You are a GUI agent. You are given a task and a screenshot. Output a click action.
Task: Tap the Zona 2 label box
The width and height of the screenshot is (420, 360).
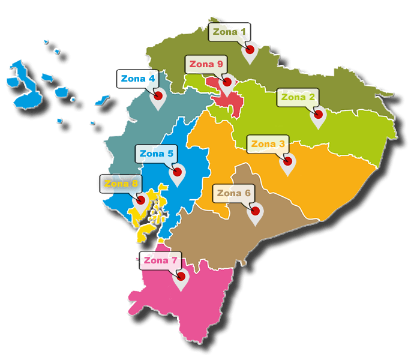[298, 97]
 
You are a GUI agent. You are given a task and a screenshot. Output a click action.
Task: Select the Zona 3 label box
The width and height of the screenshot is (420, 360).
[268, 144]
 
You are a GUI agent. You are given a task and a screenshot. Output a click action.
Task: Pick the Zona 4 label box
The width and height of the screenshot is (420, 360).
[138, 79]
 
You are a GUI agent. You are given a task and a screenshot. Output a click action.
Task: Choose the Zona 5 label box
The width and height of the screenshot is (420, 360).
[156, 154]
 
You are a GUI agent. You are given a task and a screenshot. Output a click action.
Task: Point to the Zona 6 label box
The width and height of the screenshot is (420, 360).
[234, 193]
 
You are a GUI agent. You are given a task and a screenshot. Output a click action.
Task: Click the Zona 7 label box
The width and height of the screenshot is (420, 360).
[160, 260]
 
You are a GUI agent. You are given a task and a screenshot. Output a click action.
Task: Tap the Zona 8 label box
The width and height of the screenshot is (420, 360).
[121, 184]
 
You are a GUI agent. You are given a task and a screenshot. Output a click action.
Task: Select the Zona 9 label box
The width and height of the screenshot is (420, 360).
[206, 64]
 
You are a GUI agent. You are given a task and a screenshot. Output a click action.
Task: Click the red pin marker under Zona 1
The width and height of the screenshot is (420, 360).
[250, 50]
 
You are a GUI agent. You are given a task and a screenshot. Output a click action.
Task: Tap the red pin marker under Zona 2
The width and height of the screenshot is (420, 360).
[318, 115]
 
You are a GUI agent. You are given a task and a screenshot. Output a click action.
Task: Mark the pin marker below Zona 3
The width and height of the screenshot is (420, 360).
[288, 161]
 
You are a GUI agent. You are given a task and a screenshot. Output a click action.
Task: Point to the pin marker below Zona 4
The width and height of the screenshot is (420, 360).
[158, 96]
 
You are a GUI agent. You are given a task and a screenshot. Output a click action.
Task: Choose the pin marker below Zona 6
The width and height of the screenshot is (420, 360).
[255, 211]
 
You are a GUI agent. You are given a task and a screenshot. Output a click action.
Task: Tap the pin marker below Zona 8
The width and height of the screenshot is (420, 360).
[142, 200]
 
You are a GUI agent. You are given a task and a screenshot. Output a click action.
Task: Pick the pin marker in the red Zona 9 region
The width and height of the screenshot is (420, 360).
[227, 82]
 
